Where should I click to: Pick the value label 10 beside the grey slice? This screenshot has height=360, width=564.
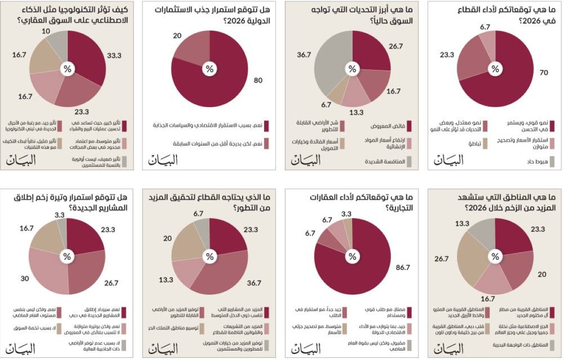46,31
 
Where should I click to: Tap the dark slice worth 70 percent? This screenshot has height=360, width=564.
508,80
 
